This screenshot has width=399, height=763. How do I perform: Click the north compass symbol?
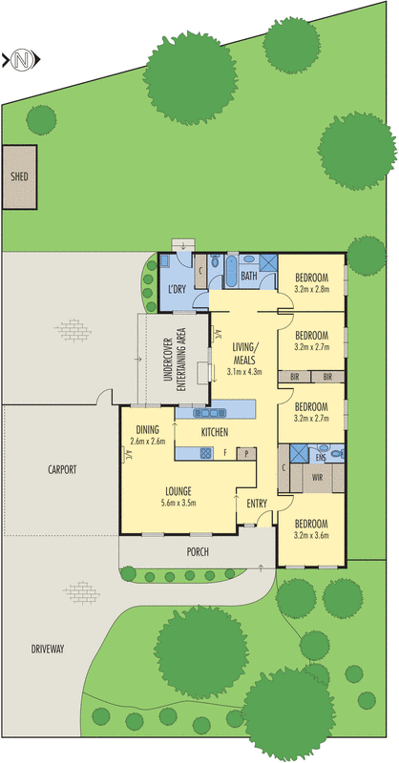(21, 60)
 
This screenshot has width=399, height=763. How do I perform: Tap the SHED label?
(19, 176)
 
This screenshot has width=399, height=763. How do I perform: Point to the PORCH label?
(198, 551)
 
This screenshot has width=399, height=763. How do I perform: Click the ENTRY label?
(257, 503)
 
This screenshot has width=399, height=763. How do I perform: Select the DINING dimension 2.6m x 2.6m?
(148, 441)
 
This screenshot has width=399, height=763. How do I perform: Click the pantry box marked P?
(245, 454)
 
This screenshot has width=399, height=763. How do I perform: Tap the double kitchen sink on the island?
(208, 413)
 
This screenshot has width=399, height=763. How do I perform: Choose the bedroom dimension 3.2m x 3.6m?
(311, 535)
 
